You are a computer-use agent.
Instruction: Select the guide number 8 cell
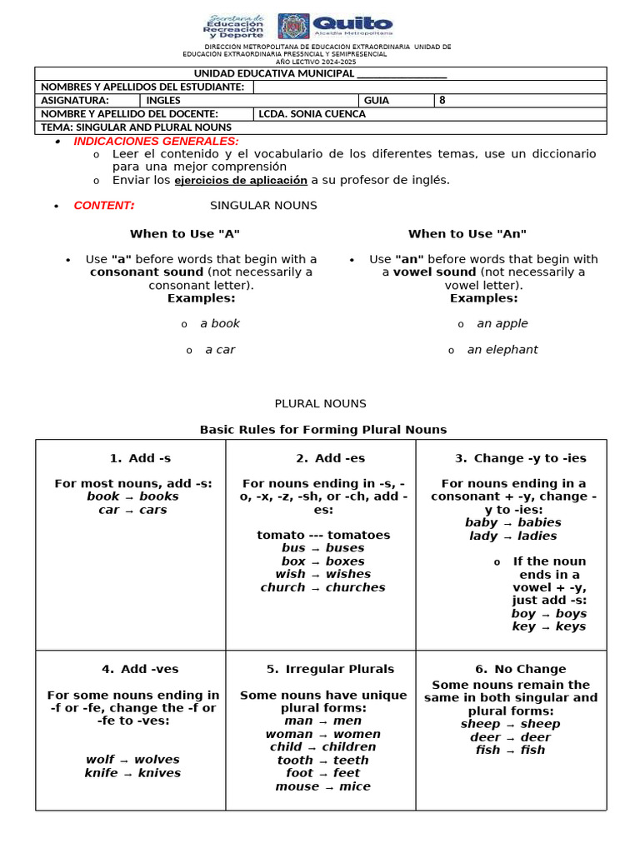point(442,101)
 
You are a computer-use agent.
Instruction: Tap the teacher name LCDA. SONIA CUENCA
point(312,114)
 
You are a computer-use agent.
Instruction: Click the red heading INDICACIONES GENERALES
point(157,142)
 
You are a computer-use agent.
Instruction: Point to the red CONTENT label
point(104,206)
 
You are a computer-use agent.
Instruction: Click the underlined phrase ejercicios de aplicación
point(241,180)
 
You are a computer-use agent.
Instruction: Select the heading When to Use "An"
point(467,234)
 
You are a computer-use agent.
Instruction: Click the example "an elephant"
point(502,350)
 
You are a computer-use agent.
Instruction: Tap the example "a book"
point(220,323)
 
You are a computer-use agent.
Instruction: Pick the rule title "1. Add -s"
point(140,458)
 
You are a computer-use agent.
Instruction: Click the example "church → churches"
point(322,587)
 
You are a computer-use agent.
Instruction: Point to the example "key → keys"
point(548,626)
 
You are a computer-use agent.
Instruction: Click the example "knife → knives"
point(132,773)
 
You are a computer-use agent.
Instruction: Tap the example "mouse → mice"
point(322,786)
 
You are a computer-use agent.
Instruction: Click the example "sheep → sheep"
point(510,724)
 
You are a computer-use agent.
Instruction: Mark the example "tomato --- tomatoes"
point(323,535)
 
